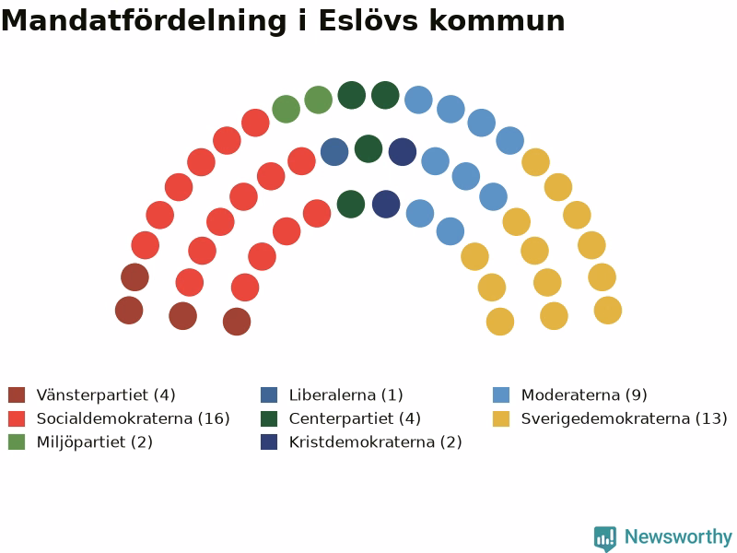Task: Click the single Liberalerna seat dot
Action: [334, 152]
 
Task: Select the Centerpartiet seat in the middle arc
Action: [368, 148]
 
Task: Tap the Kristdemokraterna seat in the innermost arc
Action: [386, 204]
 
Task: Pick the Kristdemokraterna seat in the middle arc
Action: [403, 152]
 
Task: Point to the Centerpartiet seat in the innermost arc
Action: [351, 204]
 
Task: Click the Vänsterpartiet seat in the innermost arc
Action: [237, 322]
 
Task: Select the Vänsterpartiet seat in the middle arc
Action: [182, 315]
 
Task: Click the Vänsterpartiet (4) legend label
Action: [106, 395]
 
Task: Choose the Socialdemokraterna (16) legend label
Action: [133, 418]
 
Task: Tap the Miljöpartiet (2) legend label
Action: [95, 442]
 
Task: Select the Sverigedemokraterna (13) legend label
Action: [625, 418]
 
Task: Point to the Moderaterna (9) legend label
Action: [584, 395]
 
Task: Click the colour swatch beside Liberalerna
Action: [269, 395]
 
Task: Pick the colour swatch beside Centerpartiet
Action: [269, 418]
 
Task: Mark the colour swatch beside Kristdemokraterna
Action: [269, 442]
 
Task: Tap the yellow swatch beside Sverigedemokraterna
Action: [501, 418]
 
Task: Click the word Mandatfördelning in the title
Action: [145, 21]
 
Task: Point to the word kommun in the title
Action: [497, 21]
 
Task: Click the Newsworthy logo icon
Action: [605, 538]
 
